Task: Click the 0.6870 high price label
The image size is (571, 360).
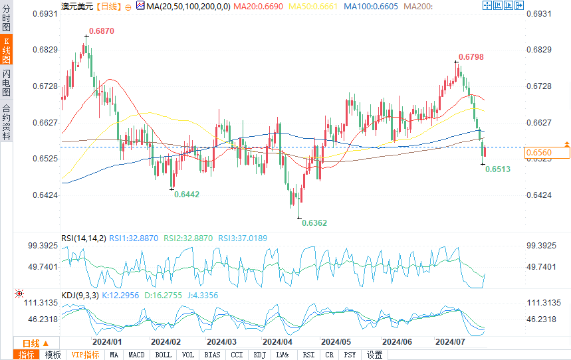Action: click(x=102, y=31)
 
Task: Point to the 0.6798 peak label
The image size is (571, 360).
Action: click(x=471, y=57)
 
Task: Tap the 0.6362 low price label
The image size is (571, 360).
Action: click(x=314, y=223)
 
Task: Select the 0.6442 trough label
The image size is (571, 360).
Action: click(x=187, y=195)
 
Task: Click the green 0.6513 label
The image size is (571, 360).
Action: click(x=498, y=170)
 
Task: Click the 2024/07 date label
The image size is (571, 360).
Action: click(x=449, y=341)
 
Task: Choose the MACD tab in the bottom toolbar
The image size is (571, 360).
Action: click(x=136, y=355)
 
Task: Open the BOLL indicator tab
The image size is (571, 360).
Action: click(x=164, y=355)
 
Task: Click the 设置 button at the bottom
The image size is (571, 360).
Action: click(x=375, y=355)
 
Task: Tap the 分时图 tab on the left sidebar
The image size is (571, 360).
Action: click(x=7, y=18)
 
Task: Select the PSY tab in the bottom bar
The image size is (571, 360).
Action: click(x=350, y=355)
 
